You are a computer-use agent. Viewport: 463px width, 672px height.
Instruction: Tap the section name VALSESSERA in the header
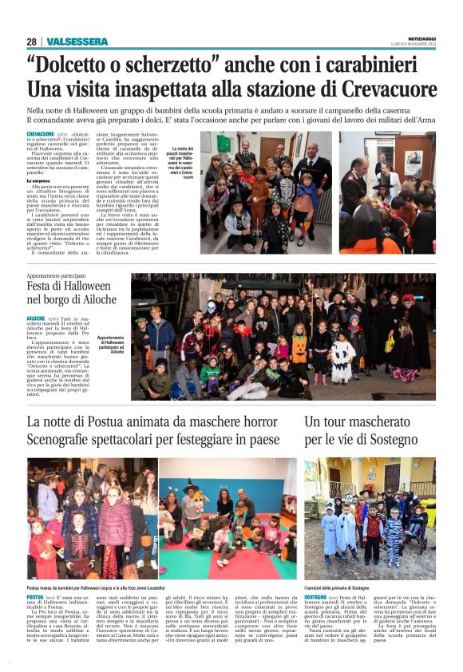(77, 42)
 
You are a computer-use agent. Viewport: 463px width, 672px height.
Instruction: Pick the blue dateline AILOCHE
(38, 317)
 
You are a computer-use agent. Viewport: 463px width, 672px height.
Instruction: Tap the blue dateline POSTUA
(35, 596)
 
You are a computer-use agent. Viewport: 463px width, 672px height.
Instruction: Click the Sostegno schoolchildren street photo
(370, 518)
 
